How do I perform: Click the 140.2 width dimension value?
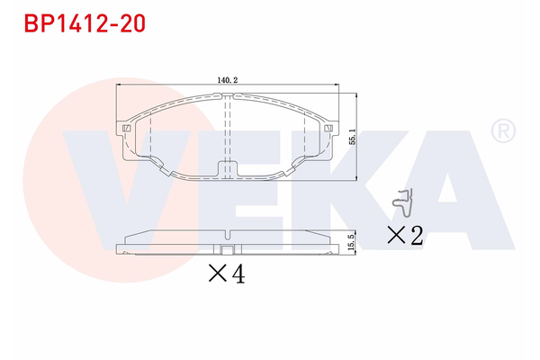(227, 79)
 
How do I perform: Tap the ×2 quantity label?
(404, 236)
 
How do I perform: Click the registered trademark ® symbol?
(502, 132)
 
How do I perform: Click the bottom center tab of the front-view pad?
(227, 168)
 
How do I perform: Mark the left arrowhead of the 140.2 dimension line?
(121, 86)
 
